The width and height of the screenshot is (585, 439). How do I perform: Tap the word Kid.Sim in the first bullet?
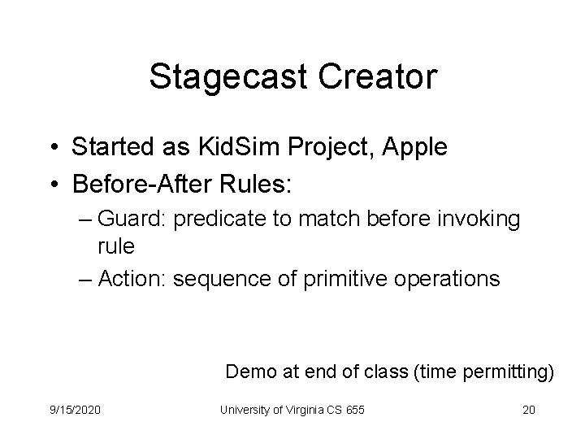point(241,147)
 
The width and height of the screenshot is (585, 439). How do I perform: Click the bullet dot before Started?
point(54,148)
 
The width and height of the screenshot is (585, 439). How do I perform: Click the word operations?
point(452,278)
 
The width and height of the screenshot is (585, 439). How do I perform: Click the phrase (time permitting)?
point(483,372)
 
